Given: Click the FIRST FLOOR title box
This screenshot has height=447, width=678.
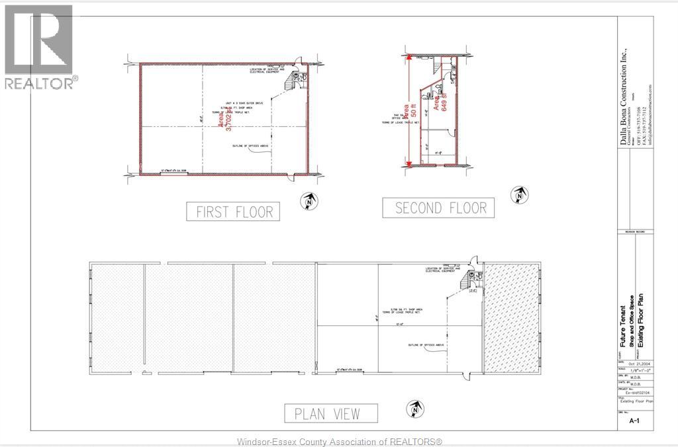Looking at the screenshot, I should (x=233, y=211).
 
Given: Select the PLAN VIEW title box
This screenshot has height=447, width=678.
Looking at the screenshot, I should (x=331, y=413).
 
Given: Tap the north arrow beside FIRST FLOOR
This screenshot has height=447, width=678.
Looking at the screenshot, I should (x=308, y=201).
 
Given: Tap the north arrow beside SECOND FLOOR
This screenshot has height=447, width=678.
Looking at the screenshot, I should (x=518, y=195).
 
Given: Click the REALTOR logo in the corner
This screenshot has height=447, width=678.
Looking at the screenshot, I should (x=39, y=46).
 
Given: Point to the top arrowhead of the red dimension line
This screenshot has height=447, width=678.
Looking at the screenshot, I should (x=411, y=59).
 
